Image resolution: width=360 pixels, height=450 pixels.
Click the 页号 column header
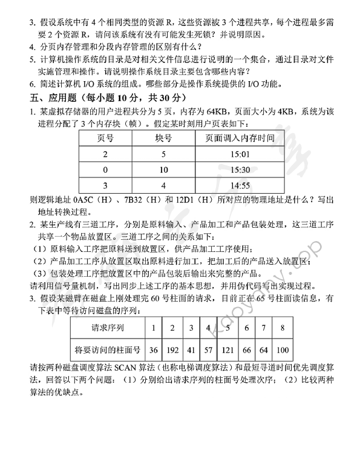point(105,138)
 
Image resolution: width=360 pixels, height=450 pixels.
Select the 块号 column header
point(163,138)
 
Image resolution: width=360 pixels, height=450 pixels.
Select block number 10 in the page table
point(163,170)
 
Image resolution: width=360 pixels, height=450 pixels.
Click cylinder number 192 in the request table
point(172,349)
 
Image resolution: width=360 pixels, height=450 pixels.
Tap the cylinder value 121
point(227,349)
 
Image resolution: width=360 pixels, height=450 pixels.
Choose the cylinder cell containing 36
point(153,349)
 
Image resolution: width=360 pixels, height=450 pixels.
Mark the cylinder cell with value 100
point(283,349)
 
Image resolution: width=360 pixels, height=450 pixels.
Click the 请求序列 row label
point(107,328)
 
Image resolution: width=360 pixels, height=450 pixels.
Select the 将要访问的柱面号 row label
point(107,349)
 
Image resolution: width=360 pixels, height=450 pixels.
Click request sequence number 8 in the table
point(283,328)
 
